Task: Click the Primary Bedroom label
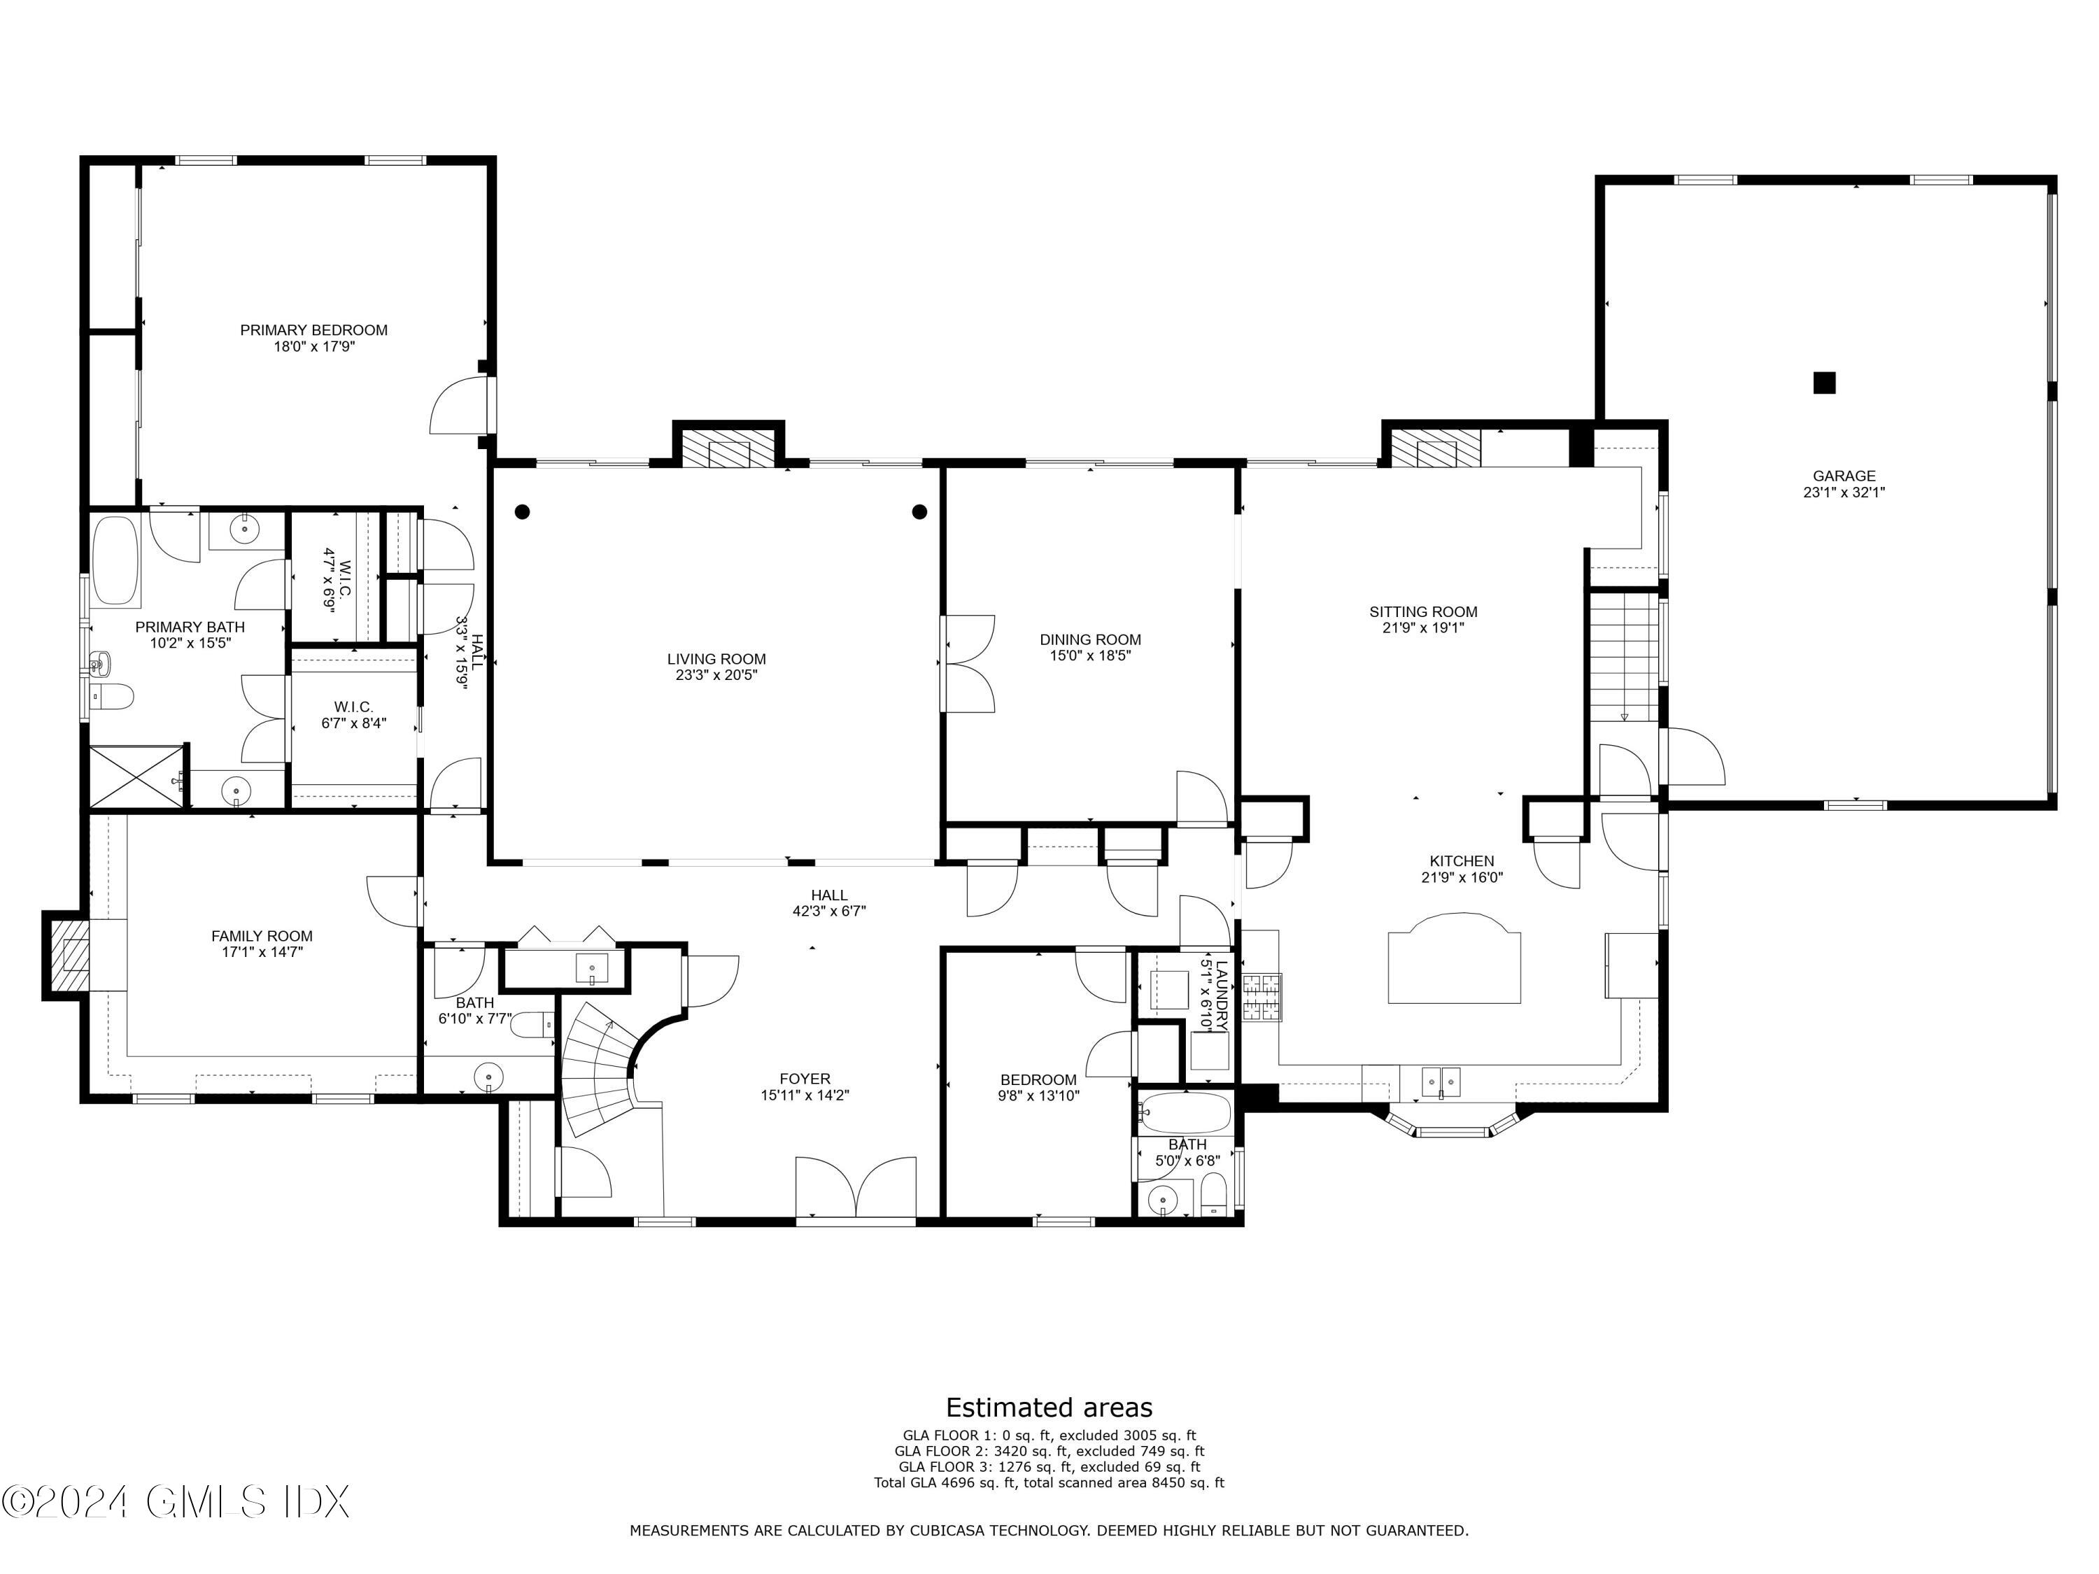tap(313, 330)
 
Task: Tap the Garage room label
tap(1844, 476)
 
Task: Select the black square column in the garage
tap(1824, 383)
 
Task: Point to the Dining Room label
tap(1090, 639)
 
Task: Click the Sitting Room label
tap(1423, 612)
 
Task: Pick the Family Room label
tap(262, 937)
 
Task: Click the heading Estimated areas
tap(1049, 1407)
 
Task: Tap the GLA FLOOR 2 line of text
tap(1049, 1451)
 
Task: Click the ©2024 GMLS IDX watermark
tap(176, 1502)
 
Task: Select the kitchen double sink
tap(1441, 1081)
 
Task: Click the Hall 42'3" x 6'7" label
tap(829, 903)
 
